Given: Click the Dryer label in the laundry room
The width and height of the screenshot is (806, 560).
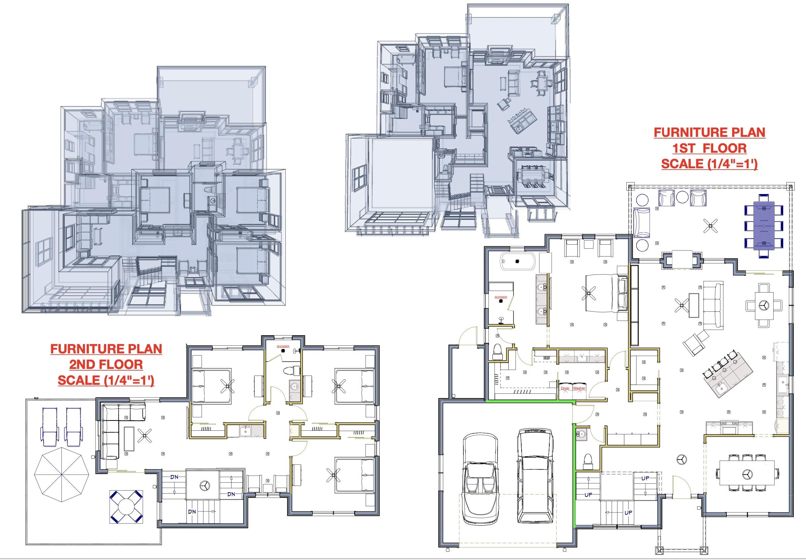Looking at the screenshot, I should pos(565,388).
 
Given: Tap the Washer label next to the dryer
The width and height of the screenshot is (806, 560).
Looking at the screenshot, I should pos(579,388).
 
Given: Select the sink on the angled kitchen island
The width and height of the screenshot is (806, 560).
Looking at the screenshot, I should pos(720,387).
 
